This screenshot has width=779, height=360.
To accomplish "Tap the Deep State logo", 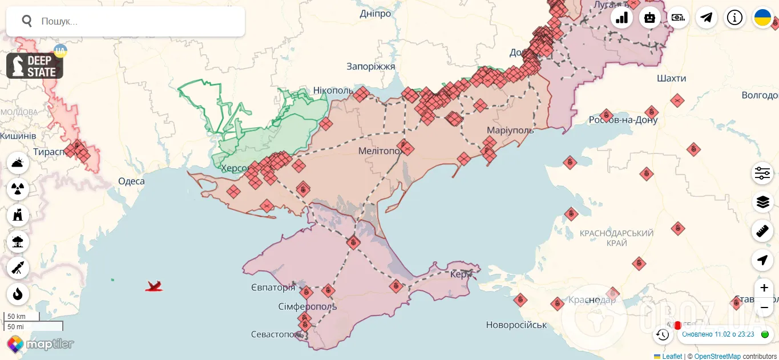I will (35, 66).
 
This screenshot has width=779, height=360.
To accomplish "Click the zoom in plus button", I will (764, 288).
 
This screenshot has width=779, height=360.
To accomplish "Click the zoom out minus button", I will (764, 307).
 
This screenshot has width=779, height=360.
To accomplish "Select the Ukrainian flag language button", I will (762, 18).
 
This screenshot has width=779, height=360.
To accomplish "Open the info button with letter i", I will (734, 18).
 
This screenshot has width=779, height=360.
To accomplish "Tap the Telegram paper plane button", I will (707, 18).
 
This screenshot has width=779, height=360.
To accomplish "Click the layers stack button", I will (762, 201).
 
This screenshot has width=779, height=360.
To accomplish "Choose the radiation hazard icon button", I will (18, 188).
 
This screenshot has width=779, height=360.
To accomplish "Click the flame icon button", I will (18, 294).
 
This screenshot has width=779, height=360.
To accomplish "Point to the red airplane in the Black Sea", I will (154, 286).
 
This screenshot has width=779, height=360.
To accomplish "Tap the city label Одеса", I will (131, 181).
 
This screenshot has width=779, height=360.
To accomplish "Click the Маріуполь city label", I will (510, 130).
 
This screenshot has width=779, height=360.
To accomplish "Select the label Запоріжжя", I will (370, 67).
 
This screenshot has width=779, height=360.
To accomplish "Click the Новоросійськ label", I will (516, 325).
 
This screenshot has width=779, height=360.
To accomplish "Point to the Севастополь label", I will (276, 334).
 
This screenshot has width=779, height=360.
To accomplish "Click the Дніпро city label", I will (376, 14).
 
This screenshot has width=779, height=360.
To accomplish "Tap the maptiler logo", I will (41, 344).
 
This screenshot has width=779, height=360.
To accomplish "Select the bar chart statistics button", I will (621, 18).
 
